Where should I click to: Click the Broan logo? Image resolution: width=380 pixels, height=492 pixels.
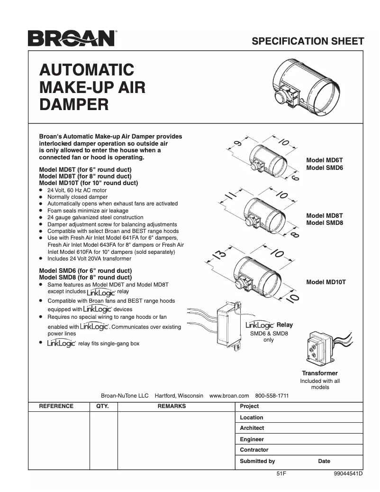[71, 38]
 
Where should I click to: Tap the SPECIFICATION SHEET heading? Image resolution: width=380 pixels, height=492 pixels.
[308, 41]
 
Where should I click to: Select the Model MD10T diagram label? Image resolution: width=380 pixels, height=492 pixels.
[326, 282]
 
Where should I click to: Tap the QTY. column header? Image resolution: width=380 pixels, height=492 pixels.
[103, 406]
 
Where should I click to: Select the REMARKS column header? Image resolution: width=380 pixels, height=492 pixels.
[172, 406]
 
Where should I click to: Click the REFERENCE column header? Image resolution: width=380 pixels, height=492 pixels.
[56, 406]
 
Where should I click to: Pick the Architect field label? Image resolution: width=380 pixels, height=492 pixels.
[252, 428]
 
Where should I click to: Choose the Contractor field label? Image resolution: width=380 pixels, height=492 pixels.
[254, 450]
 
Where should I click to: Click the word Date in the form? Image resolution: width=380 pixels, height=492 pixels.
[324, 461]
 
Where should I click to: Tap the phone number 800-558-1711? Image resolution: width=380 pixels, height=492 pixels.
[272, 395]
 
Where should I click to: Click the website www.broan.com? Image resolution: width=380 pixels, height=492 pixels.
[229, 395]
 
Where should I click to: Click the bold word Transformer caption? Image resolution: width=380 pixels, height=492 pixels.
[320, 373]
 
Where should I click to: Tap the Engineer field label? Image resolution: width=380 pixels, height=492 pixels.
[252, 439]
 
